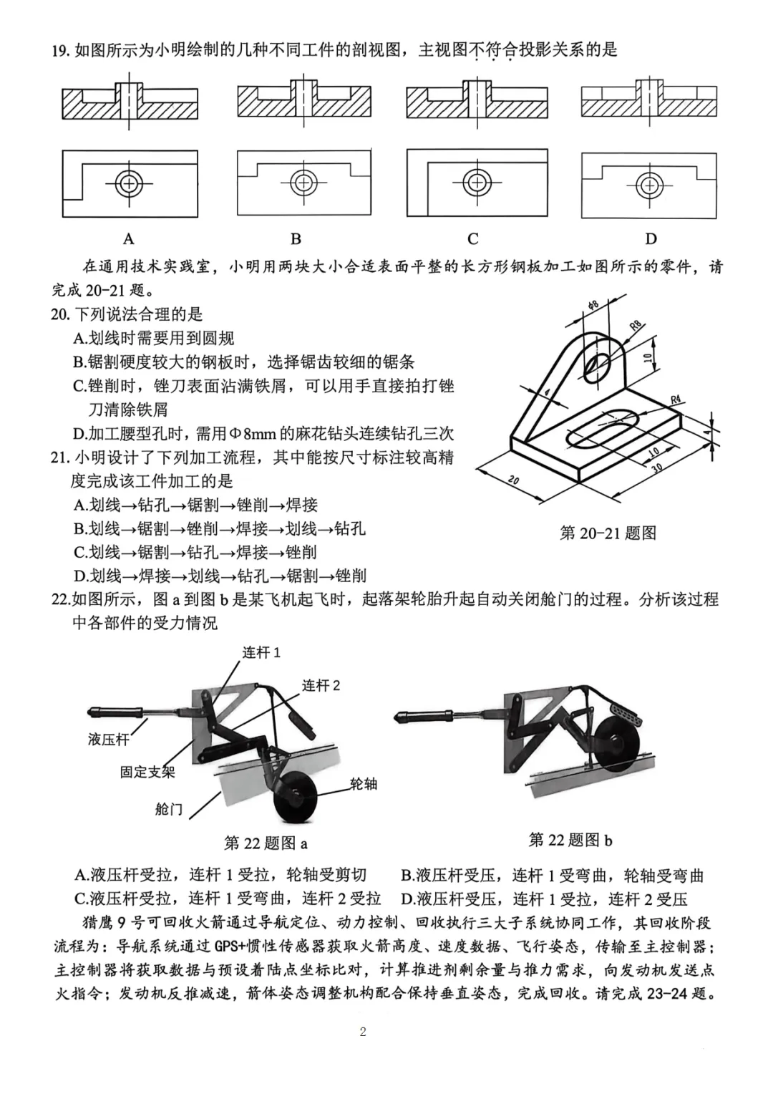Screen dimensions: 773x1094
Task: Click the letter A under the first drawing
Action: (129, 238)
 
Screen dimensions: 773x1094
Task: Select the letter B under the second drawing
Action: (296, 238)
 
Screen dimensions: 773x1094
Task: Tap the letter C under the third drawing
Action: (473, 238)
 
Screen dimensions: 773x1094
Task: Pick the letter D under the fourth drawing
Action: (651, 238)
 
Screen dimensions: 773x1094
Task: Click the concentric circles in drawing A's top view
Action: (129, 183)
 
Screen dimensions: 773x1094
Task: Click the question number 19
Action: (60, 51)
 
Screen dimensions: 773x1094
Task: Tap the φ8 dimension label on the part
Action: (593, 306)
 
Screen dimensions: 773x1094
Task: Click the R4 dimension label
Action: (675, 400)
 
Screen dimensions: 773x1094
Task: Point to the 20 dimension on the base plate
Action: (513, 480)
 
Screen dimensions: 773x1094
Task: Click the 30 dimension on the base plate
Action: (657, 467)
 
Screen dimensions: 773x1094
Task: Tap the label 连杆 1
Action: (261, 652)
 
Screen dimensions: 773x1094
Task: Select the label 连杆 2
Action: (321, 685)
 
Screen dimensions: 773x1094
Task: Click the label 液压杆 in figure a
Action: (109, 739)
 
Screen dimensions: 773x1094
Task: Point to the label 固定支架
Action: (147, 772)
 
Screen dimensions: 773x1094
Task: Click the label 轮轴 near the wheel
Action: (364, 784)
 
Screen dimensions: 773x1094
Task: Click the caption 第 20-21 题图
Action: (608, 533)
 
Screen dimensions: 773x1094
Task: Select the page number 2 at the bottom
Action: (363, 1032)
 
